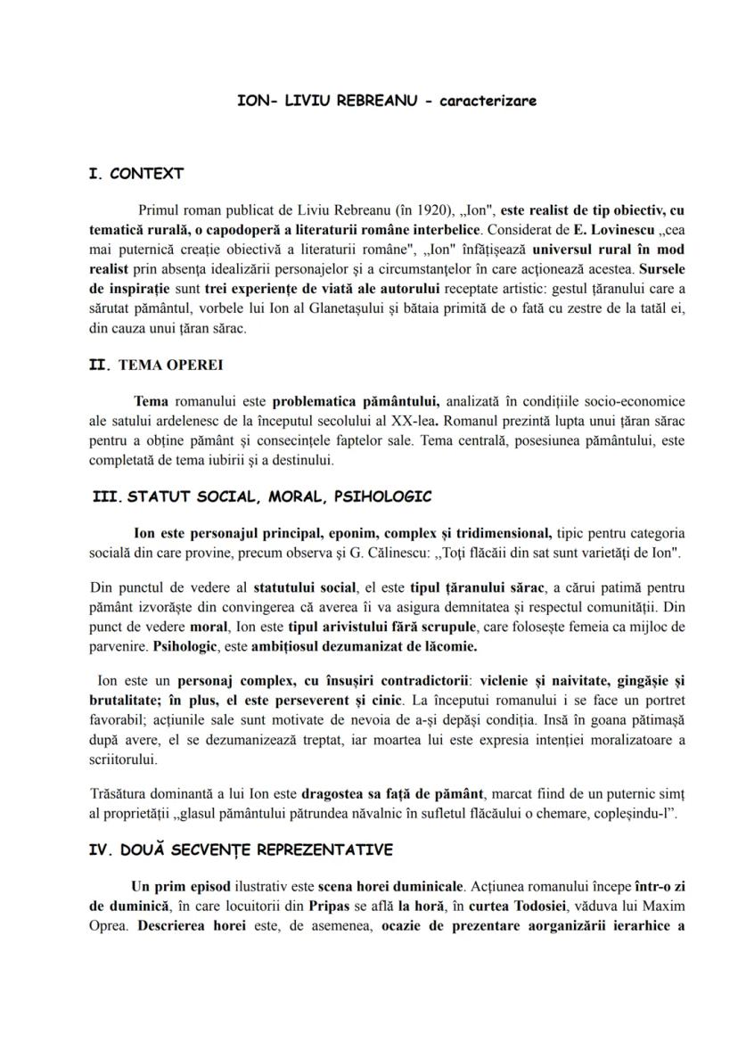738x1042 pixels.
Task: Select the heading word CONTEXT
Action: tap(146, 173)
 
